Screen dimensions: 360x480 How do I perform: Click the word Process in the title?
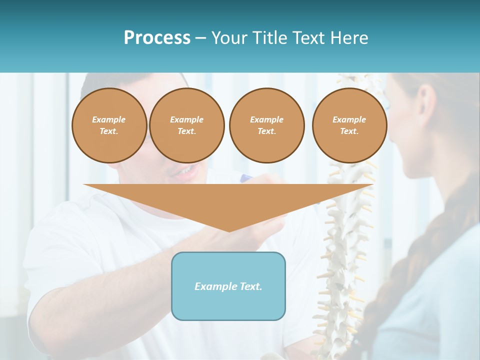(x=157, y=38)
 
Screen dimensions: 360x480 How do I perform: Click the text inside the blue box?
(x=228, y=286)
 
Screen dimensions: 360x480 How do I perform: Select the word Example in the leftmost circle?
(x=109, y=119)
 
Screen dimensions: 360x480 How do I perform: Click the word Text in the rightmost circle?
(x=348, y=131)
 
